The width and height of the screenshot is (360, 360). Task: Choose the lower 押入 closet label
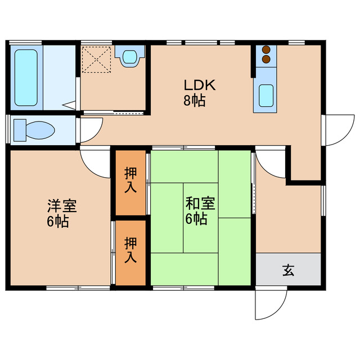pyautogui.click(x=130, y=251)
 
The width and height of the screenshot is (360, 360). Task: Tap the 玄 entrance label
pyautogui.click(x=288, y=271)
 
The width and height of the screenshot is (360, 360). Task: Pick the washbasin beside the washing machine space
pyautogui.click(x=130, y=56)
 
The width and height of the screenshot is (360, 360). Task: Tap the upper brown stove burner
pyautogui.click(x=266, y=49)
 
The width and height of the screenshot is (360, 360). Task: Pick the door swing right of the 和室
pyautogui.click(x=270, y=164)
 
